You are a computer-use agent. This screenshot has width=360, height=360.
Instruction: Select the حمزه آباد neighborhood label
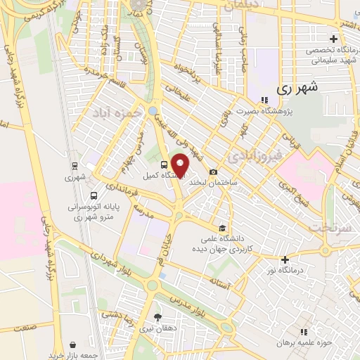coord(115,111)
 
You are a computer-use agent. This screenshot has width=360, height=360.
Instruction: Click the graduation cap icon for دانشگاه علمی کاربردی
coord(221,228)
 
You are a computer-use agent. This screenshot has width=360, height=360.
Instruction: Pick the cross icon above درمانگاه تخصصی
coord(333,38)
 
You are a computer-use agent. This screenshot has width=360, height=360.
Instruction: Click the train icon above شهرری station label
coord(75,167)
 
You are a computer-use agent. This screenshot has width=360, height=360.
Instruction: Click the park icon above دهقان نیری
coord(157,317)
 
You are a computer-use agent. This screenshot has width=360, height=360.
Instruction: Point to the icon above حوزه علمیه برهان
coord(304,330)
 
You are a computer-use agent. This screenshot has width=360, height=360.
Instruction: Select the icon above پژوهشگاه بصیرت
coord(264,99)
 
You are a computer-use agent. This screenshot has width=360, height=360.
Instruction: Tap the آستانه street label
coord(220,281)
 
